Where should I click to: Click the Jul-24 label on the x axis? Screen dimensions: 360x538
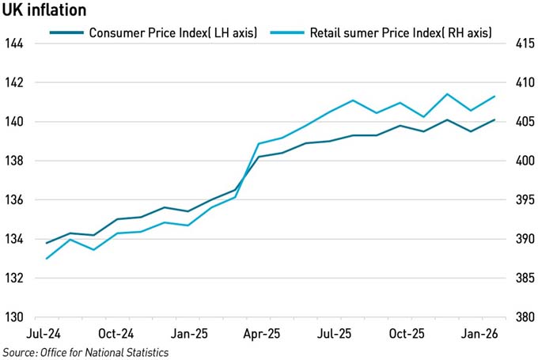47,334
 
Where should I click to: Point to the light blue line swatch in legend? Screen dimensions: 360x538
287,33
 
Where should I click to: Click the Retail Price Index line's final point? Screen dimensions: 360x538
494,97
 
